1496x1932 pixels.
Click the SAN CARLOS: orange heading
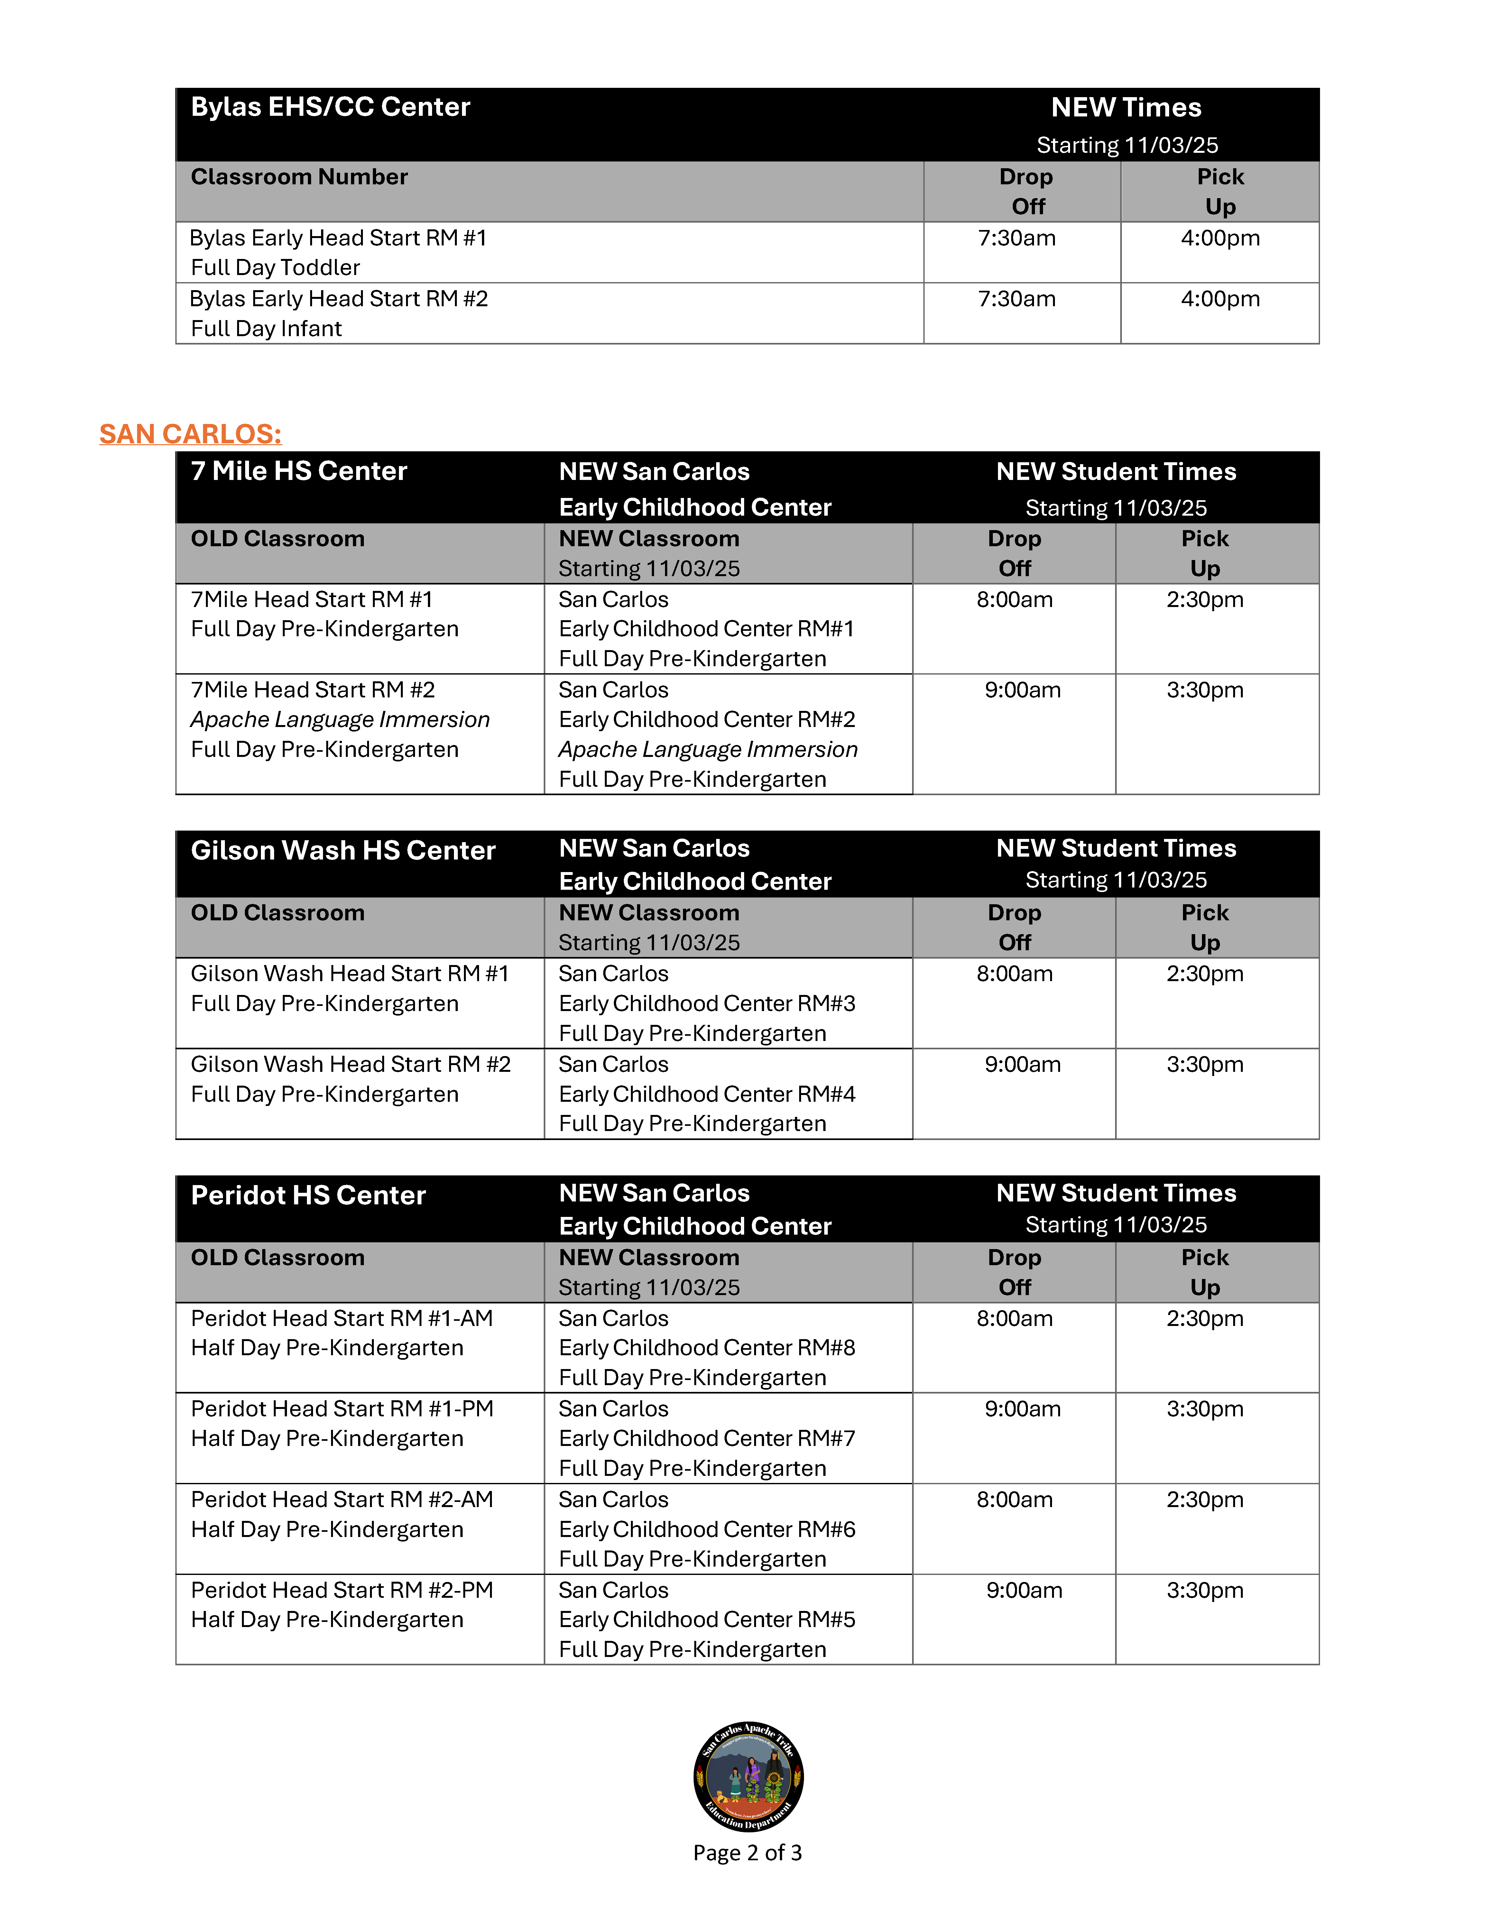pos(190,434)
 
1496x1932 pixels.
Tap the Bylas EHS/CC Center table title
pos(330,107)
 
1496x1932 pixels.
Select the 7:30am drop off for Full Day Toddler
pos(1017,238)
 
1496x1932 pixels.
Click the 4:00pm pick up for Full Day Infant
pos(1220,299)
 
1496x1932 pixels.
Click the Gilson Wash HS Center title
pos(343,850)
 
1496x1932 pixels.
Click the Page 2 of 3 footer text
pos(748,1852)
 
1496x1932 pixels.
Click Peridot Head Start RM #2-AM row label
pos(341,1499)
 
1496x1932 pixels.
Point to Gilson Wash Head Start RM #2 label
pos(350,1064)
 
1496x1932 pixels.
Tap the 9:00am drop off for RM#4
pos(1023,1064)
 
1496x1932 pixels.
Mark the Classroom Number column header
pos(299,177)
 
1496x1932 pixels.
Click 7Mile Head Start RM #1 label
pos(311,600)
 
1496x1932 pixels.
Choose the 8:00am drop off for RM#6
pos(1015,1499)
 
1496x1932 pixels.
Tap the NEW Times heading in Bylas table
pos(1126,108)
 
